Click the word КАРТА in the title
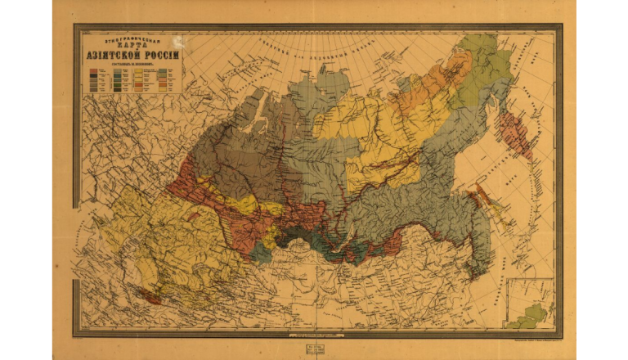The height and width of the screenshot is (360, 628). pyautogui.click(x=131, y=43)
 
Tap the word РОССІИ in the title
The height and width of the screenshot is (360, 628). pyautogui.click(x=159, y=54)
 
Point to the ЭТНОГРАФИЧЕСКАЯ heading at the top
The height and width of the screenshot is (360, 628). pyautogui.click(x=131, y=36)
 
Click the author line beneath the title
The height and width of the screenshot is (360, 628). pyautogui.click(x=131, y=63)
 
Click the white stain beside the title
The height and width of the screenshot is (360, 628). pyautogui.click(x=177, y=42)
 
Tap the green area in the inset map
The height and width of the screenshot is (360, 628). pyautogui.click(x=536, y=313)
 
